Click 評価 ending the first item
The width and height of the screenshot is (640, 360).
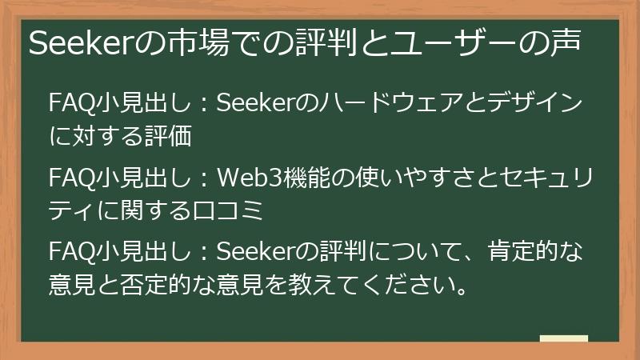[169, 137]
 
